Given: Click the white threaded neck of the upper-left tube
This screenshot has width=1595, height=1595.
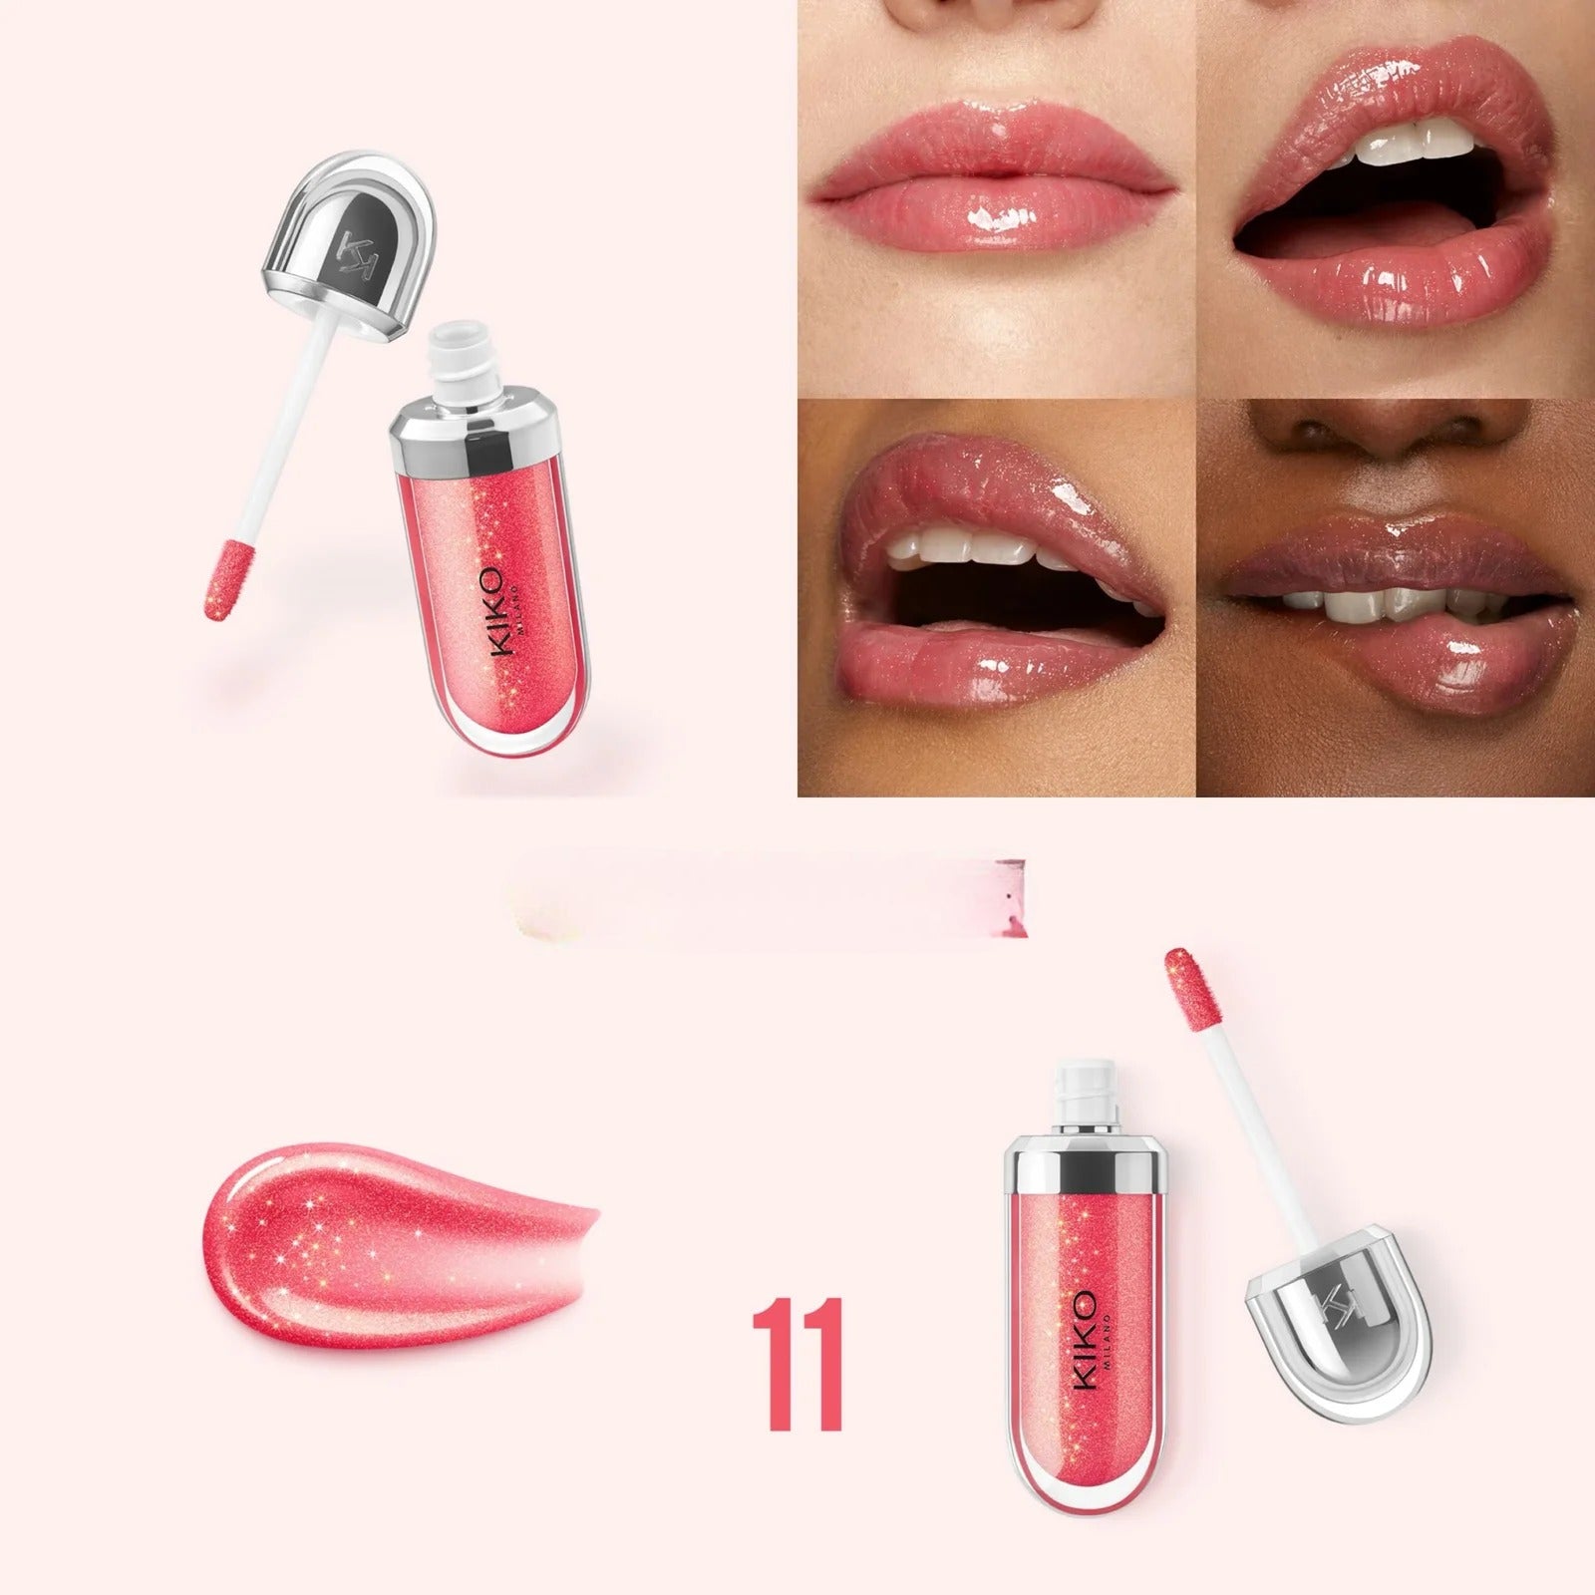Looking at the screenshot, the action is pyautogui.click(x=465, y=364).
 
